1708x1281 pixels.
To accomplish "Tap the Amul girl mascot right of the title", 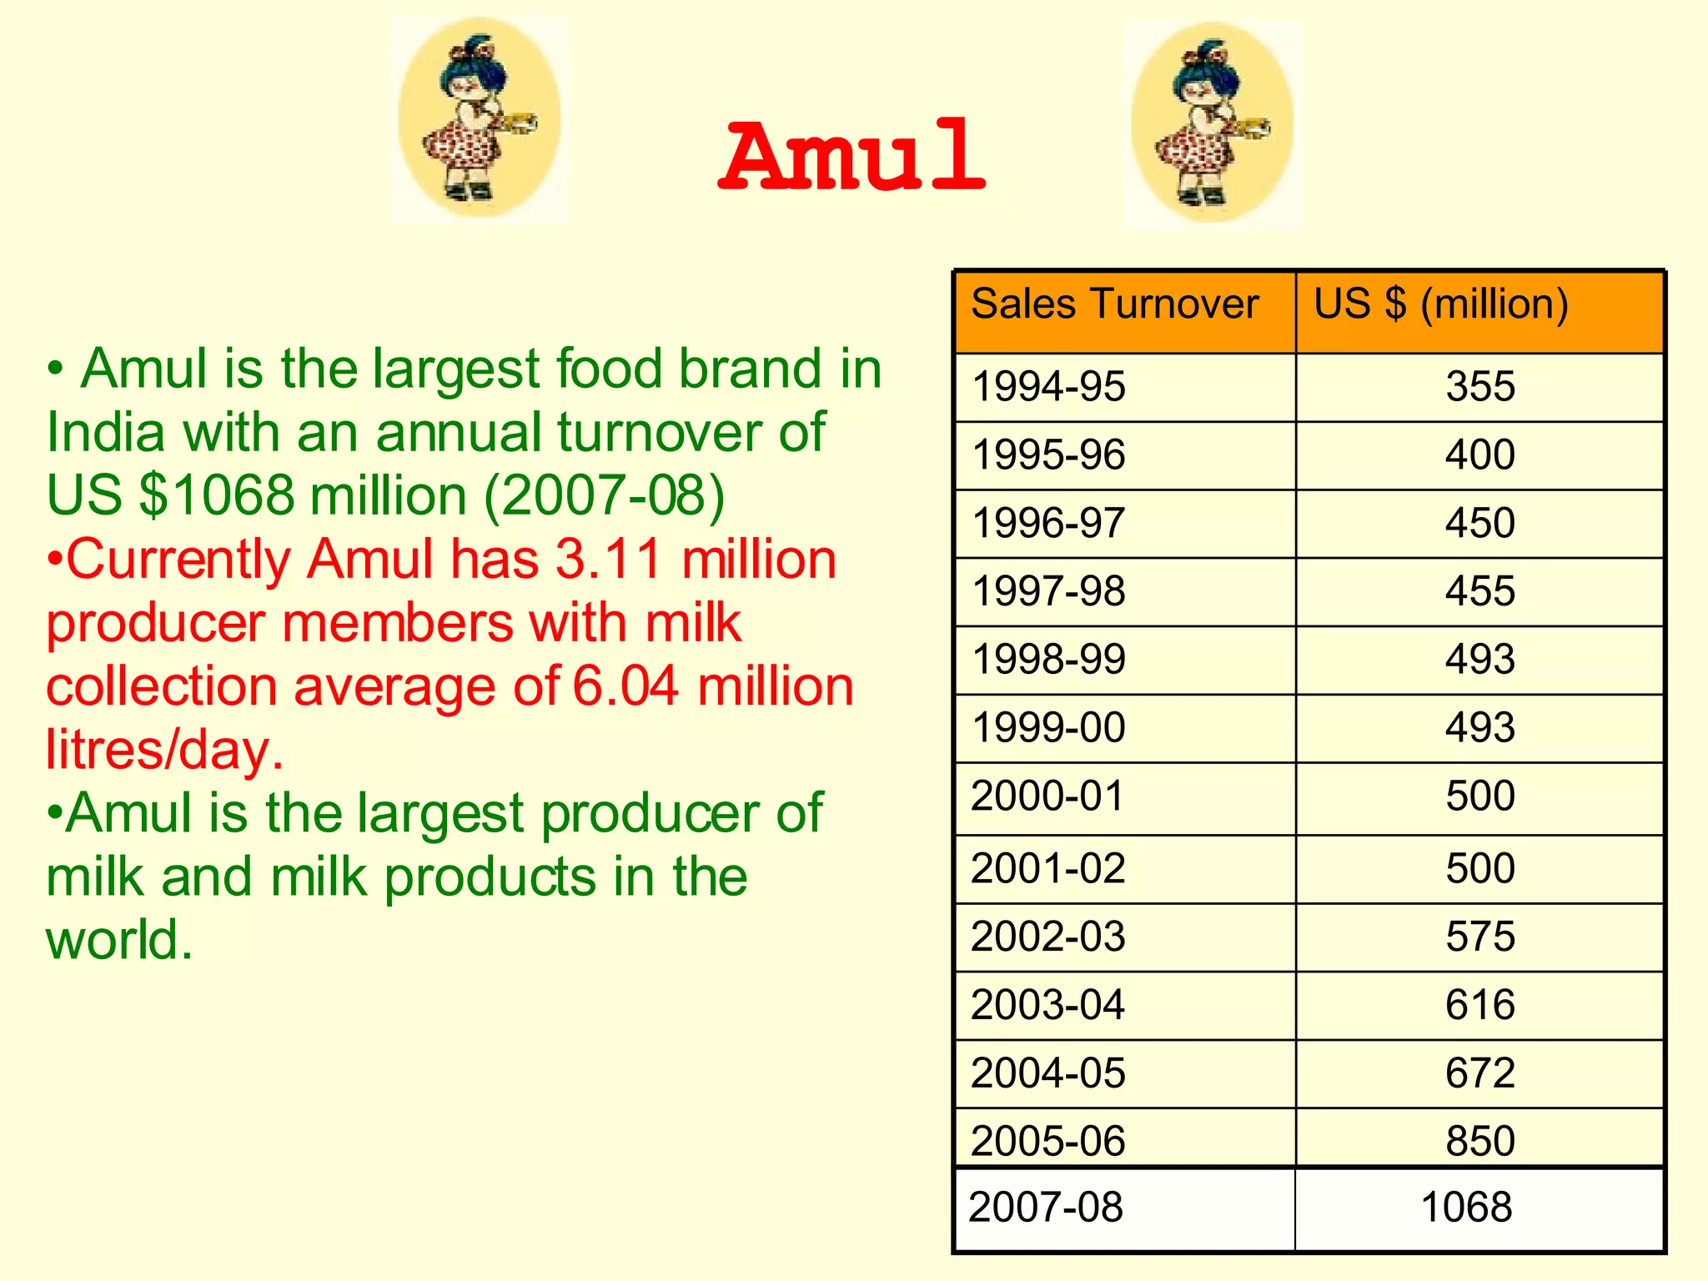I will click(x=1212, y=124).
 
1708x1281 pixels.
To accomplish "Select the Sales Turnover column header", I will click(x=1114, y=304).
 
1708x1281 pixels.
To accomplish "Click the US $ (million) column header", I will click(x=1440, y=304).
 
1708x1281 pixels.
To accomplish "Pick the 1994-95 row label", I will click(x=1048, y=387).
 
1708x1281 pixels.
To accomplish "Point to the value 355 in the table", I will click(x=1480, y=387).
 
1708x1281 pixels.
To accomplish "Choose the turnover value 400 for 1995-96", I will click(x=1480, y=455).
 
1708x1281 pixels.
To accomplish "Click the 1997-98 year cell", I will click(x=1048, y=591).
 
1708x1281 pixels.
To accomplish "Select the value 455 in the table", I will click(x=1480, y=591).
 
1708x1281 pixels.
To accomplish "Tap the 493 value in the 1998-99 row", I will click(x=1480, y=660).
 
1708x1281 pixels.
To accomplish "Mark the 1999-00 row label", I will click(x=1048, y=728).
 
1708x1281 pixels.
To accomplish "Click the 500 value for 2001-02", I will click(x=1480, y=868).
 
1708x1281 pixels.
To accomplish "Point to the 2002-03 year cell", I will click(x=1048, y=937).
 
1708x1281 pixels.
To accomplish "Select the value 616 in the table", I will click(x=1480, y=1005).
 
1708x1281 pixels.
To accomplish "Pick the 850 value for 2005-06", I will click(x=1480, y=1141).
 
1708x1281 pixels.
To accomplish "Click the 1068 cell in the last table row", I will click(x=1466, y=1208).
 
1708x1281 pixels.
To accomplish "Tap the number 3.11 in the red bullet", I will click(x=608, y=559).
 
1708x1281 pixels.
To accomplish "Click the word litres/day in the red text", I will click(x=164, y=750).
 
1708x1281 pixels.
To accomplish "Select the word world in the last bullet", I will click(x=118, y=940).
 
